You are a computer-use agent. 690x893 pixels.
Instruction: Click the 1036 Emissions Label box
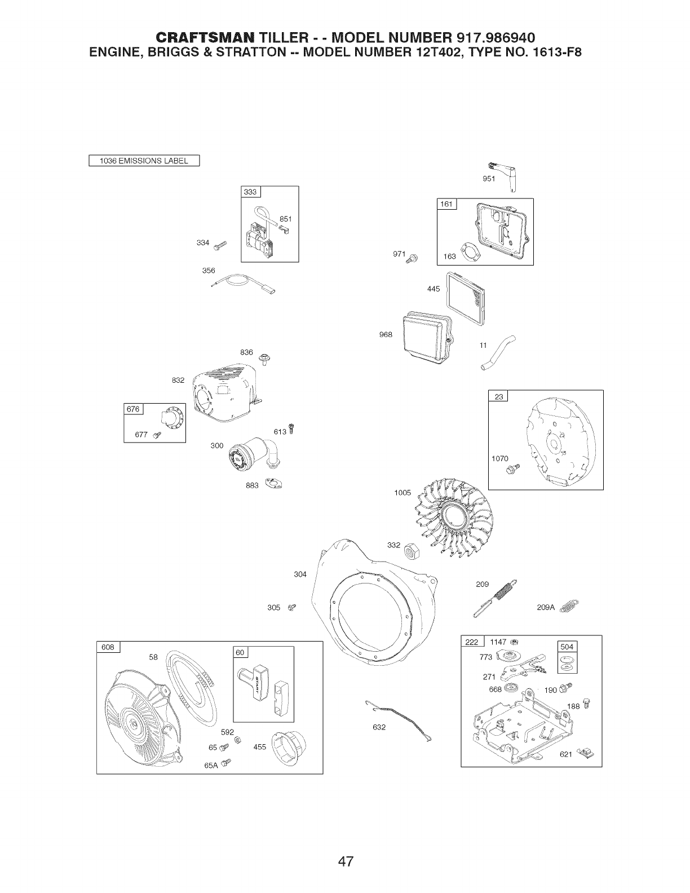(144, 161)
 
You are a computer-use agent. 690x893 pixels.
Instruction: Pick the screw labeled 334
(219, 244)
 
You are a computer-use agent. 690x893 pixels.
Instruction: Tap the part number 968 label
(386, 334)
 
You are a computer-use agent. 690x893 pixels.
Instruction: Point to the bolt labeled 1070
(514, 468)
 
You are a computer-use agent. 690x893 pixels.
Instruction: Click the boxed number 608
(108, 647)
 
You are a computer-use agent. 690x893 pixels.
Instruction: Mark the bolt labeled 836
(263, 357)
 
